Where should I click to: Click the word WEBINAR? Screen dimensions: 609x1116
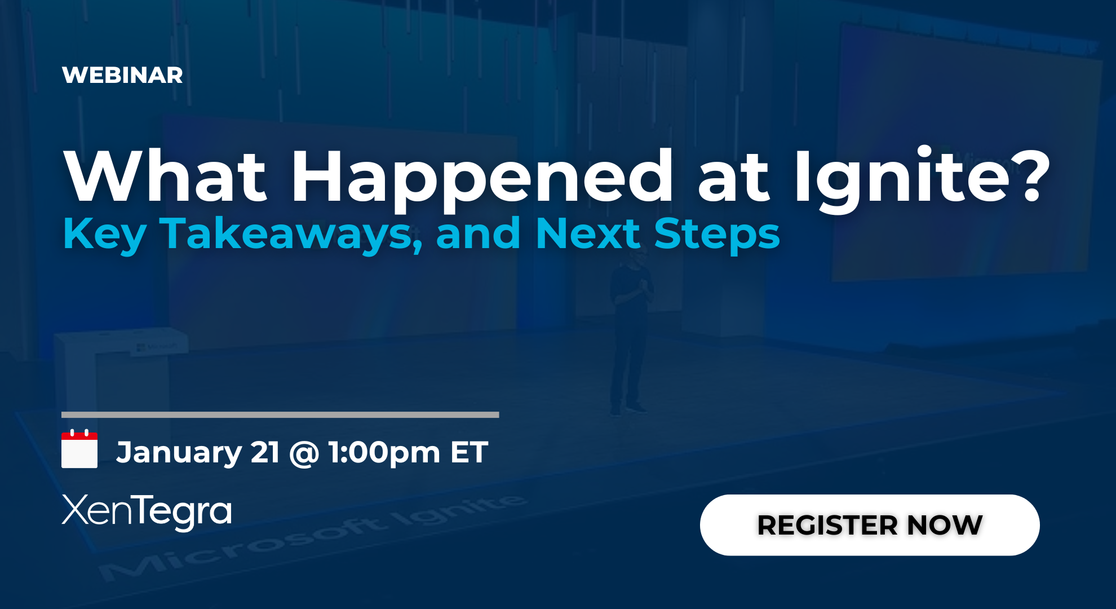[122, 76]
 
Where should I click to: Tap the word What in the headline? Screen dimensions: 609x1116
[165, 176]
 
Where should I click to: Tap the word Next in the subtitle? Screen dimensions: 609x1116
[588, 233]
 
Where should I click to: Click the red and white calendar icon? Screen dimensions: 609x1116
[79, 449]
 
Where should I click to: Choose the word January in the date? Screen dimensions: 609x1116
[179, 453]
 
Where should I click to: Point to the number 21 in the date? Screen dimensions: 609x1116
[265, 452]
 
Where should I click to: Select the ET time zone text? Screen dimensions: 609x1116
[469, 452]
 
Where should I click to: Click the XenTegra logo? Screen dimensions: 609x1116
[147, 511]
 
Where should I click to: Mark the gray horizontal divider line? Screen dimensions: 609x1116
[280, 415]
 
